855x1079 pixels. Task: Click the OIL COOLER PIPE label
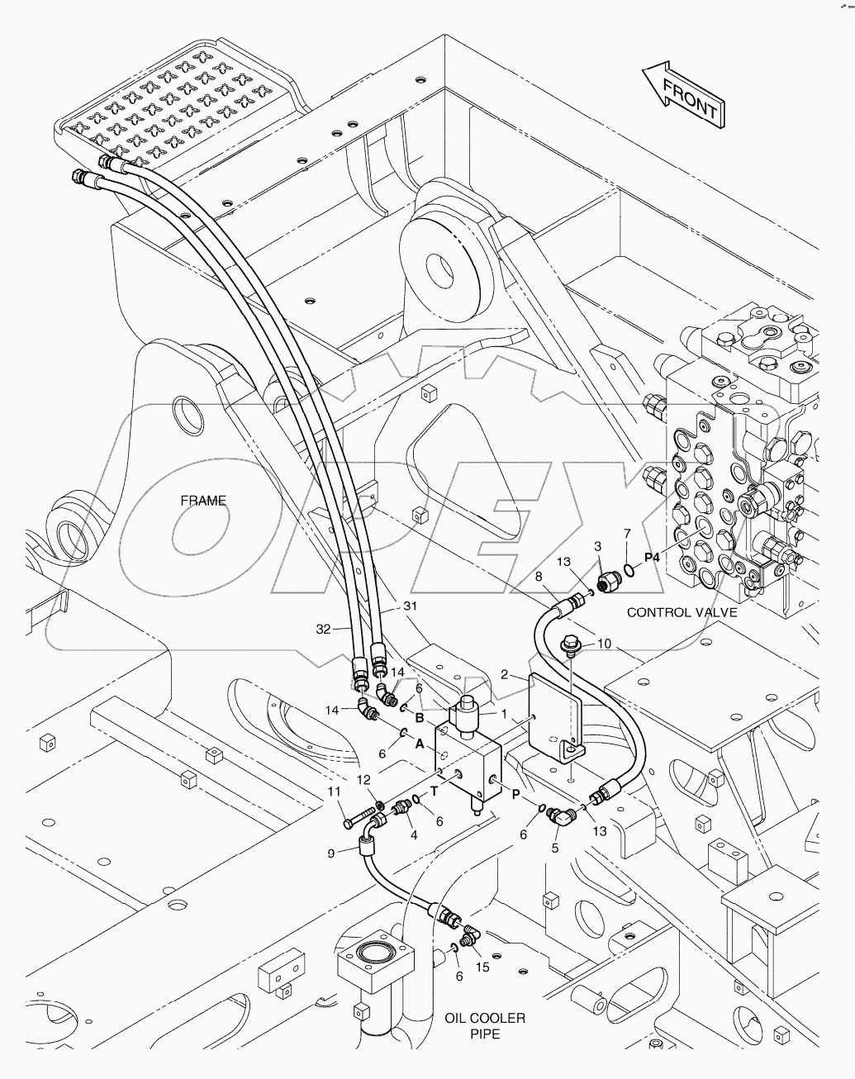485,1025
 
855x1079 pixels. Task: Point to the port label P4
653,557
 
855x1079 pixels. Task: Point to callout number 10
627,644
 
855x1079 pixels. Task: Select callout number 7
627,533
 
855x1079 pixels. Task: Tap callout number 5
555,846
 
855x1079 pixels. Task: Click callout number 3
597,546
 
